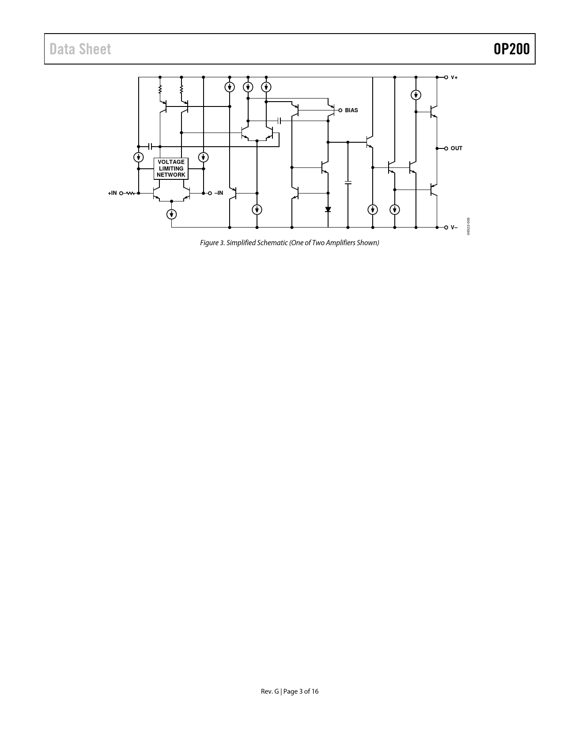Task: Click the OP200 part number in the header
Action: tap(511, 49)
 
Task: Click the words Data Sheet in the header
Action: tap(80, 49)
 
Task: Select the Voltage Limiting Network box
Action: tap(171, 168)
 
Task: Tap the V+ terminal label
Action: tap(454, 77)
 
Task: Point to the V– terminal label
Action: tap(454, 228)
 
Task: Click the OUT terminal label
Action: tap(457, 148)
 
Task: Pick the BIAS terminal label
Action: tap(351, 110)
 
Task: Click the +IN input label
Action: tap(112, 193)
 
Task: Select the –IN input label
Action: tap(219, 193)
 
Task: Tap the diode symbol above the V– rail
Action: tap(328, 210)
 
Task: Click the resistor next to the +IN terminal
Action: tap(130, 193)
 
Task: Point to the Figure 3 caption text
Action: tap(289, 243)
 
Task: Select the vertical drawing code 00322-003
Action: tap(469, 227)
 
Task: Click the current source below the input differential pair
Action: tap(171, 214)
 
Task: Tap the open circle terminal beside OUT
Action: tap(446, 148)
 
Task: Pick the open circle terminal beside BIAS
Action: tap(340, 110)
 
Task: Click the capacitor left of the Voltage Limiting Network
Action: tap(150, 147)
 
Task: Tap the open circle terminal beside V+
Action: tap(446, 77)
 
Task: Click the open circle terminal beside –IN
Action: tap(210, 193)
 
